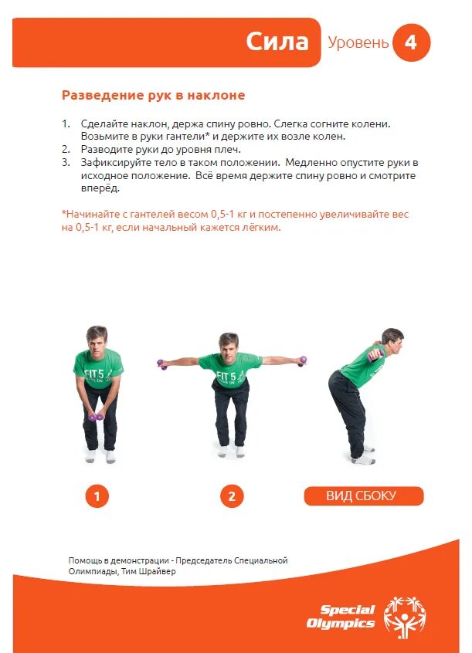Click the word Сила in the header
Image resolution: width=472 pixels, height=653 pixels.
point(277,42)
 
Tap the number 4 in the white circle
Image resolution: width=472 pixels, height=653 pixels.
point(410,42)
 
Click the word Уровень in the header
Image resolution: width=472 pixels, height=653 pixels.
point(358,43)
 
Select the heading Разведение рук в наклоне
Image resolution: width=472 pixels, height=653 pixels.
point(153,96)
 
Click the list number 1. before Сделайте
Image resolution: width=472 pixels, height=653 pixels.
point(66,123)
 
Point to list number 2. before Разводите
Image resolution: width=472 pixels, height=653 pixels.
point(66,149)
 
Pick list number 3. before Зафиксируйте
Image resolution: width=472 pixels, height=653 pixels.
point(66,162)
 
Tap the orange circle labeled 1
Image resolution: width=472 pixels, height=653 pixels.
point(97,496)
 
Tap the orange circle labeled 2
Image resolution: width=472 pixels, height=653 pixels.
point(231,496)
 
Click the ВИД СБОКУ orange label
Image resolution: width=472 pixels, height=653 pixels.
point(364,496)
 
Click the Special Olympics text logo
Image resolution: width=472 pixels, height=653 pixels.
point(341,616)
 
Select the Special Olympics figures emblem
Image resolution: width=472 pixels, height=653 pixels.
point(404,614)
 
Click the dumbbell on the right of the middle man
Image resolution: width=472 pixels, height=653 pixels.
point(302,360)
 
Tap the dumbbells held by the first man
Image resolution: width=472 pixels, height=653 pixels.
point(96,417)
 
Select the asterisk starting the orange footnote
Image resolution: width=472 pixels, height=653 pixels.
point(63,213)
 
